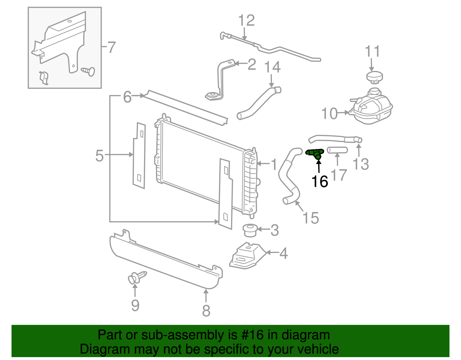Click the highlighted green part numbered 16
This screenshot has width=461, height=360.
click(315, 153)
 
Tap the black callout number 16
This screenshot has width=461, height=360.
click(320, 182)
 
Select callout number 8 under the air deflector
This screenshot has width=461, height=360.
click(206, 311)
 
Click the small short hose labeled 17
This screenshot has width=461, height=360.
click(337, 150)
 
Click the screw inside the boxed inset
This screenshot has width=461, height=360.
click(89, 71)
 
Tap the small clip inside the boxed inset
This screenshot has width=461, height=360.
click(44, 78)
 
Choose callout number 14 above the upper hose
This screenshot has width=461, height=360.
click(272, 67)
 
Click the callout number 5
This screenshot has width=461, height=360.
click(99, 156)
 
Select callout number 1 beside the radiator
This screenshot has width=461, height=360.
click(274, 165)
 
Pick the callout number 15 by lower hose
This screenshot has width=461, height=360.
click(311, 218)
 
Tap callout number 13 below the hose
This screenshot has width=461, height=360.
click(360, 164)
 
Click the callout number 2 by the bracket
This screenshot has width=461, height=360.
click(252, 65)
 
